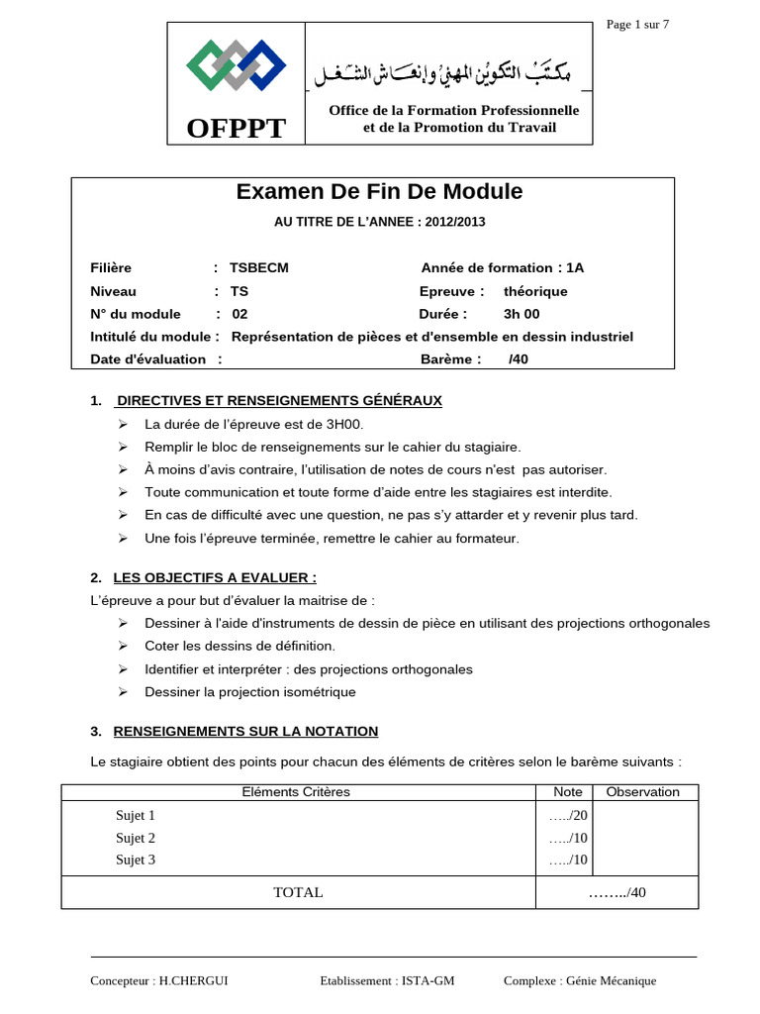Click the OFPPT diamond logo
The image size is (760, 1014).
(x=236, y=65)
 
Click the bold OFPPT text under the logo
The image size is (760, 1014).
(x=236, y=128)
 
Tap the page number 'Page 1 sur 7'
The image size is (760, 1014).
(x=637, y=25)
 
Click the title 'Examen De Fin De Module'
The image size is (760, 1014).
(x=379, y=192)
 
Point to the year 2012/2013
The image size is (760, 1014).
(x=455, y=222)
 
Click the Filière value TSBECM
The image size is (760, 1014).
(x=259, y=267)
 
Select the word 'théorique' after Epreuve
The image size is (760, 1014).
(x=535, y=291)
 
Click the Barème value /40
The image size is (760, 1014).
(x=519, y=359)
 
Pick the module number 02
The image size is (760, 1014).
(x=239, y=314)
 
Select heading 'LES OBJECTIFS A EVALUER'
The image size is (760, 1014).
(x=215, y=577)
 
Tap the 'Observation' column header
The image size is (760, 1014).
(x=642, y=792)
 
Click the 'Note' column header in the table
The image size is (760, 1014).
(x=568, y=792)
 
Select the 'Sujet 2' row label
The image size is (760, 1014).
(x=136, y=838)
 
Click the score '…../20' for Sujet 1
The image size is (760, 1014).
(x=568, y=816)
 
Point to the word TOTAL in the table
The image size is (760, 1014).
(x=298, y=892)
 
